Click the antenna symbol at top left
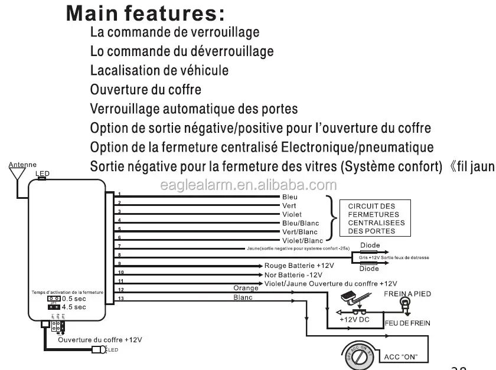(16, 173)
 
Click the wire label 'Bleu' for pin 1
(290, 197)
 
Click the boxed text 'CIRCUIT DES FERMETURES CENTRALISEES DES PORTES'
(376, 218)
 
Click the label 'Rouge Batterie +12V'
(299, 266)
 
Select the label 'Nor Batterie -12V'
(293, 275)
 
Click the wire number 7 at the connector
(119, 245)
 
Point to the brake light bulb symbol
(405, 304)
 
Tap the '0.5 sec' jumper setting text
(74, 299)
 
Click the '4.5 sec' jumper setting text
(74, 307)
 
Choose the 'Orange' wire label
(246, 288)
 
